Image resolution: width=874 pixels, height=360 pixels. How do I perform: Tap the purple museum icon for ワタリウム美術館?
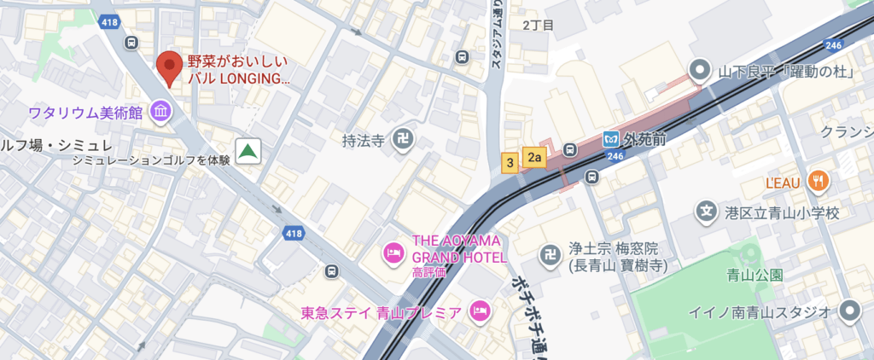[160, 111]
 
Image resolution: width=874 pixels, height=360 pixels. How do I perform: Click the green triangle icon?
[248, 151]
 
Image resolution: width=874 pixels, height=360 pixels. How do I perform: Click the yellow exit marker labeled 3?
[510, 162]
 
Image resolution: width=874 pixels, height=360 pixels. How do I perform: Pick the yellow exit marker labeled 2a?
[535, 156]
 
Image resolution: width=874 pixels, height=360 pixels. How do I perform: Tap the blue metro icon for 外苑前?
[611, 138]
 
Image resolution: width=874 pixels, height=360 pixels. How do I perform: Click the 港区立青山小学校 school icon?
[705, 211]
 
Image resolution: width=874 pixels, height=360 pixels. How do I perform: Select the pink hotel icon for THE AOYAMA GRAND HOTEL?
[393, 252]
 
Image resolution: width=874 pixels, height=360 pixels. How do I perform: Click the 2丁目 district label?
[538, 25]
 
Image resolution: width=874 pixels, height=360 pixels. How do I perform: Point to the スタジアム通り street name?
[496, 38]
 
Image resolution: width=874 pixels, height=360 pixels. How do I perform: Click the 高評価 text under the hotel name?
[428, 273]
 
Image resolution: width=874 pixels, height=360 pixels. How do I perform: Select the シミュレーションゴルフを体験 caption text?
[151, 160]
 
